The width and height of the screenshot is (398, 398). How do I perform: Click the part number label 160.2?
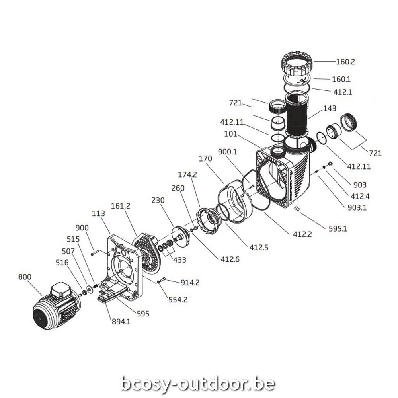coord(345,62)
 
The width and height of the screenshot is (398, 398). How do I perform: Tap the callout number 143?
coord(330,108)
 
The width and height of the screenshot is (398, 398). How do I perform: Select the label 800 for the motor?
coord(25,277)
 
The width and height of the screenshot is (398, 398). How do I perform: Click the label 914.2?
coord(190,283)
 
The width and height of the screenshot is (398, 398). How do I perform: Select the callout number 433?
coord(179,260)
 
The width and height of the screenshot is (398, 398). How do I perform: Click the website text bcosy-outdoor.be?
coord(198,383)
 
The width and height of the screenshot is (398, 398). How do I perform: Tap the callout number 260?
coord(177,188)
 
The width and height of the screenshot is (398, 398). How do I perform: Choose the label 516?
coord(63,263)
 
